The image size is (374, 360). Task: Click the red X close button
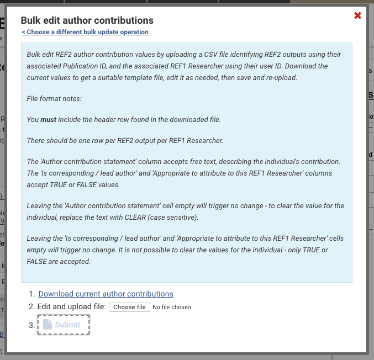357,15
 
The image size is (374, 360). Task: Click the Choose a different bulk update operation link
85,32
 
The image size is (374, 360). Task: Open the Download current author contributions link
106,294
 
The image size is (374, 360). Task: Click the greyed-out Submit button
63,325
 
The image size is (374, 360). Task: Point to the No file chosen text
172,307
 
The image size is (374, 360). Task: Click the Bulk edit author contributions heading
87,20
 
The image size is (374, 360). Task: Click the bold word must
49,119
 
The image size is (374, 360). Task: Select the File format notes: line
54,98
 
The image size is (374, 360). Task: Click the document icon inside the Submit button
48,325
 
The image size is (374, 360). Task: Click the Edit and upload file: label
72,306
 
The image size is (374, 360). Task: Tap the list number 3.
31,325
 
